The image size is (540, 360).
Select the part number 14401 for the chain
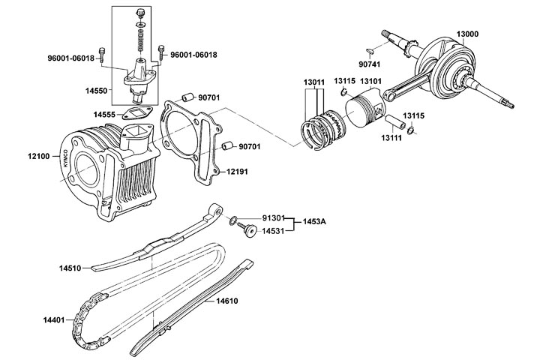(x=55, y=320)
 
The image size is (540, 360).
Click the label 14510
(x=73, y=266)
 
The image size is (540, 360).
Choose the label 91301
(x=273, y=217)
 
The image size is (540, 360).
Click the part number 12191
(x=238, y=171)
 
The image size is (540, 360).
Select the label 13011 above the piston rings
(x=313, y=81)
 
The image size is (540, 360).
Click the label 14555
(x=104, y=115)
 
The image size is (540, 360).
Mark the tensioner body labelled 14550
(x=140, y=76)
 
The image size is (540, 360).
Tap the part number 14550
(x=97, y=90)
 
